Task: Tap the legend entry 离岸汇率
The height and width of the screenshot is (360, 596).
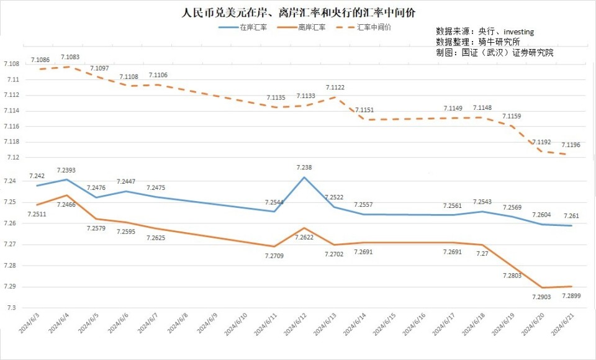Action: tap(312, 27)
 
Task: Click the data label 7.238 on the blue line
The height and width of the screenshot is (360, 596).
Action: tap(304, 168)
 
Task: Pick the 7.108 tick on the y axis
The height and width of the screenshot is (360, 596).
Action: tap(12, 64)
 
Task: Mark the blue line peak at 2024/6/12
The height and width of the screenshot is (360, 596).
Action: tap(304, 178)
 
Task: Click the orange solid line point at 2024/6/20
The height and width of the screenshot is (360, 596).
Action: tap(543, 287)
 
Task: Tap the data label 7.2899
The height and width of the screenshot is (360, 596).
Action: tap(572, 296)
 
